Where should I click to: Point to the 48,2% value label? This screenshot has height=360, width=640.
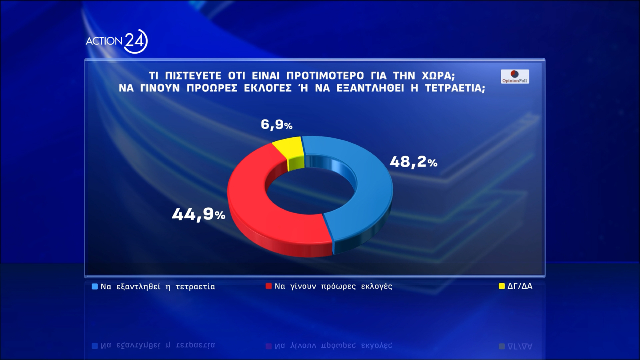(x=413, y=162)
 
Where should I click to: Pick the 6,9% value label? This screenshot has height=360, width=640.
(x=276, y=124)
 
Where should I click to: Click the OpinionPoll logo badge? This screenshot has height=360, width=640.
(x=515, y=76)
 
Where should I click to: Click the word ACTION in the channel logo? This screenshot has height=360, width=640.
(x=104, y=41)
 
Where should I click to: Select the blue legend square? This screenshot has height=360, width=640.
(x=95, y=286)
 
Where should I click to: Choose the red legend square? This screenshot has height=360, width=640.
(x=269, y=286)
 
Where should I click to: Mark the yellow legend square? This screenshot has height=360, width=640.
(x=502, y=286)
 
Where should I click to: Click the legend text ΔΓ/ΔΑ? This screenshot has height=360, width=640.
(x=520, y=286)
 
